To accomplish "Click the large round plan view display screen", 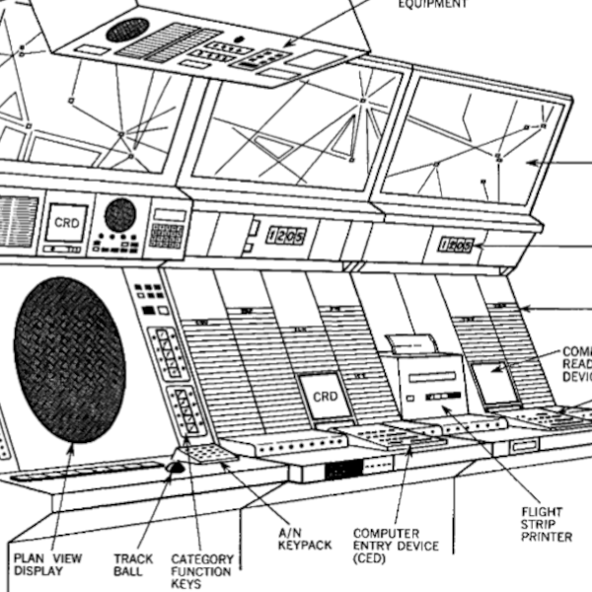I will (69, 359).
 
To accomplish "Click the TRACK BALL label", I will (133, 563).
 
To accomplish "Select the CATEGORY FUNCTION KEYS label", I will (201, 571).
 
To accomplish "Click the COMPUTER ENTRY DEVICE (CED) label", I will (396, 546).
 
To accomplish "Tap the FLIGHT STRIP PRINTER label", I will (547, 524).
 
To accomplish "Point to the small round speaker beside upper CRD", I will (119, 213).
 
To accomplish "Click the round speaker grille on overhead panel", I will (127, 30).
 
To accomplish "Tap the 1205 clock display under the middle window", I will (285, 236).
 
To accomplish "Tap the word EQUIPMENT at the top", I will (432, 4).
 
